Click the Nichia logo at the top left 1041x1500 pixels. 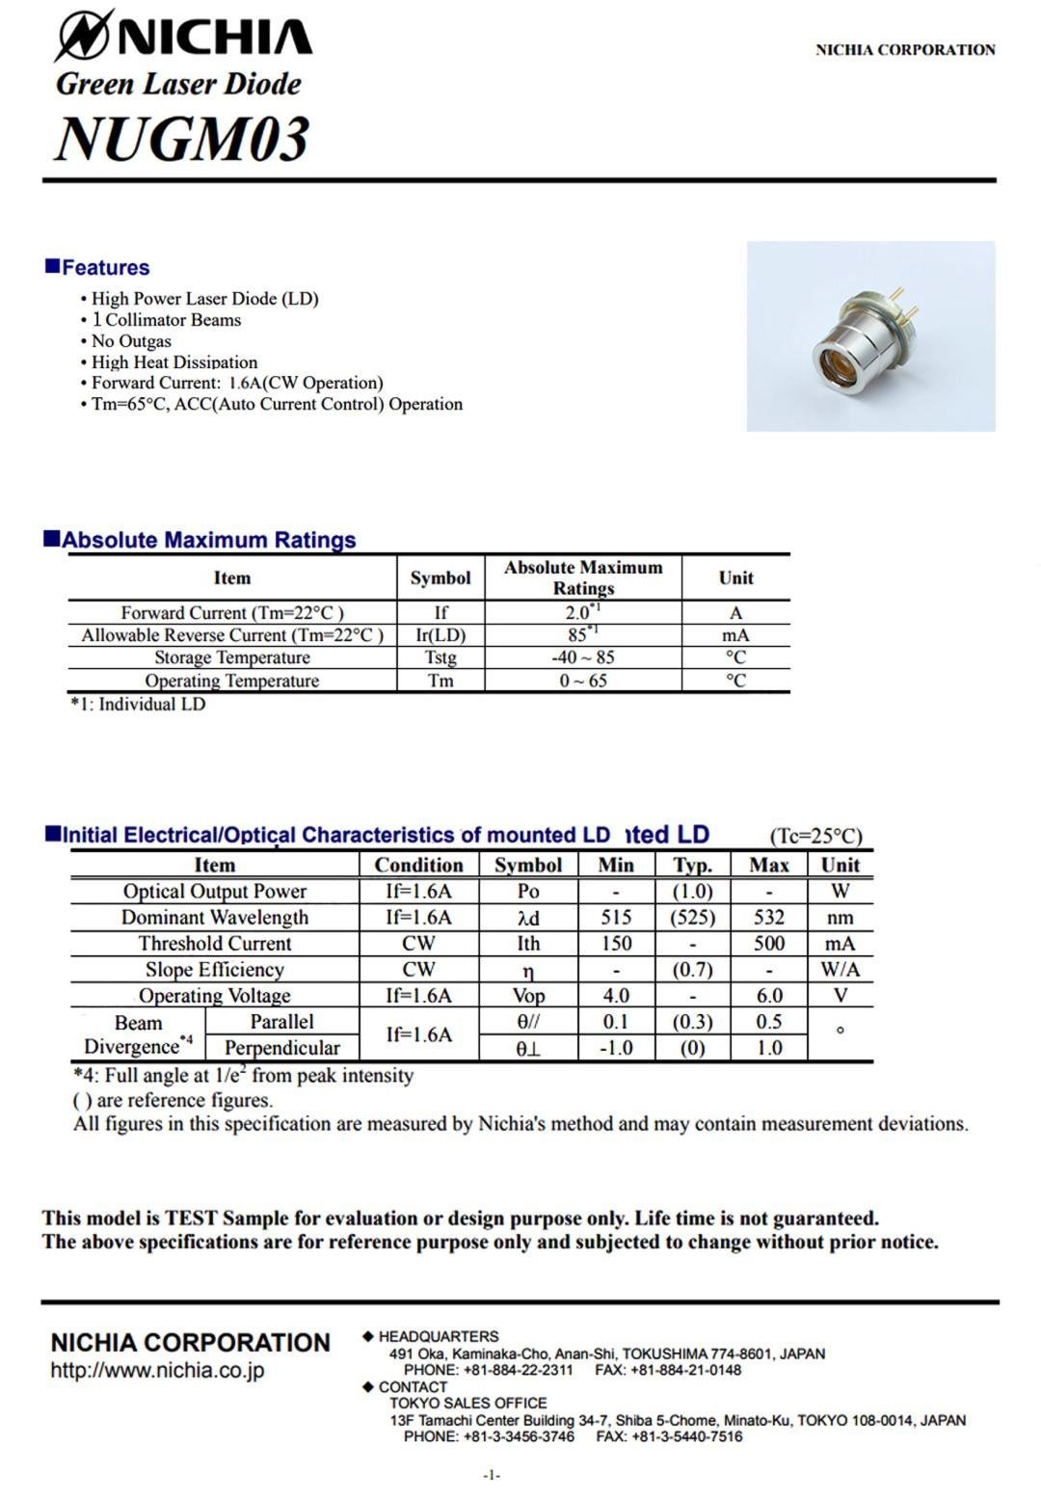click(183, 36)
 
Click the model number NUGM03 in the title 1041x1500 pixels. click(182, 138)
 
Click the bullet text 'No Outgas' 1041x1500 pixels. click(131, 341)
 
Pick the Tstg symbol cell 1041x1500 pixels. click(440, 657)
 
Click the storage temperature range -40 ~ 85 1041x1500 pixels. click(582, 657)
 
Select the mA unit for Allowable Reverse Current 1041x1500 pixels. click(735, 635)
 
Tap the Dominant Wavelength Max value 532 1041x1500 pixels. click(768, 917)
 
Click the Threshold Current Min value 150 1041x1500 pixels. click(616, 943)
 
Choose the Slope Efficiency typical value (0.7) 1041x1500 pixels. click(692, 969)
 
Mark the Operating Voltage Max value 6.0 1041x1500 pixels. click(768, 995)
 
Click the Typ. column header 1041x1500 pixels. click(692, 865)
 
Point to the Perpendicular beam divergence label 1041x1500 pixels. click(281, 1048)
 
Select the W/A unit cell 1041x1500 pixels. click(840, 969)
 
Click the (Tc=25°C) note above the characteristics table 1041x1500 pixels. click(815, 836)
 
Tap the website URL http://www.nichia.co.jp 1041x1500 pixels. click(157, 1371)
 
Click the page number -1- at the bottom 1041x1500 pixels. click(492, 1475)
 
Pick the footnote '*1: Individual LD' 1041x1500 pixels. click(138, 704)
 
